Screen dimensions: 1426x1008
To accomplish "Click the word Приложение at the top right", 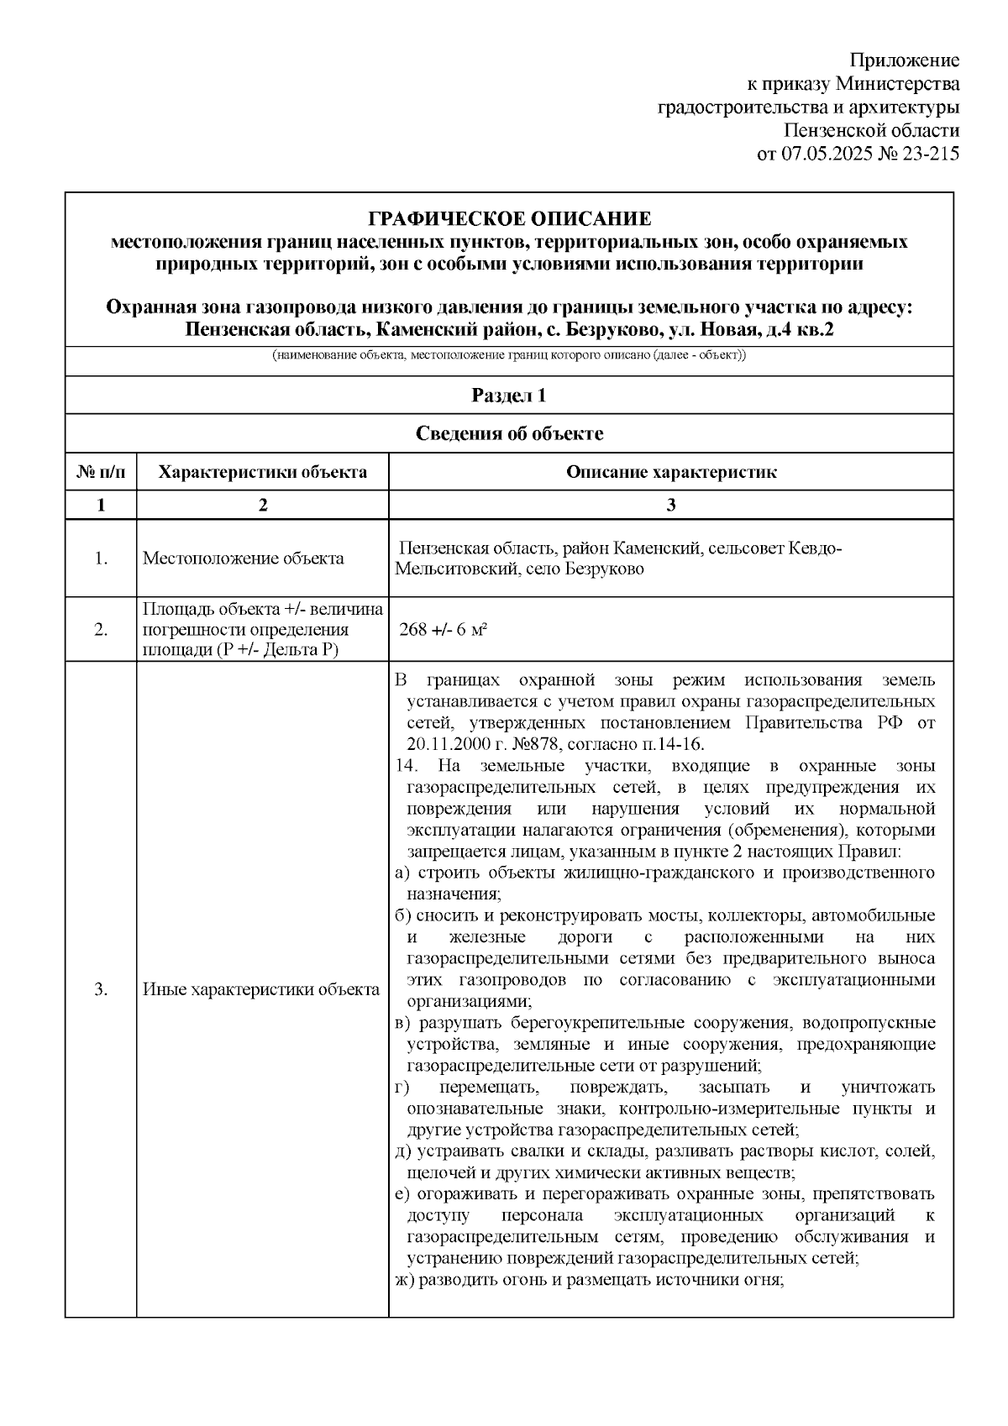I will coord(904,60).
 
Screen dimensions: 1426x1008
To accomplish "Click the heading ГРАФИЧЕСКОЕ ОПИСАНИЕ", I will coord(509,219).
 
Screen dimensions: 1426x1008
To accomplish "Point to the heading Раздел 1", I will coord(509,396).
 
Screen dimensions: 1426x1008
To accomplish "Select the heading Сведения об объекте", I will coord(509,433).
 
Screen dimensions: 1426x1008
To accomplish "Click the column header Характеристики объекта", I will coord(262,472).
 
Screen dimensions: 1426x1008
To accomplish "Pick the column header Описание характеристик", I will coord(670,472).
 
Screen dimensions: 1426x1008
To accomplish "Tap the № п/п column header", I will coord(101,472).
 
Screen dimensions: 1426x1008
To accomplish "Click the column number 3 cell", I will coord(670,505).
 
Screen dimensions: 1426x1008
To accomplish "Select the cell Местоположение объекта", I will coord(243,558).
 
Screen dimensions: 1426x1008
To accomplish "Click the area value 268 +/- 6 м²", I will coord(444,630).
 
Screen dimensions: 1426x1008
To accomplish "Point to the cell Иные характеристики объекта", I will coord(260,990).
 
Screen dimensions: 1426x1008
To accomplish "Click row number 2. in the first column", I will coord(101,630).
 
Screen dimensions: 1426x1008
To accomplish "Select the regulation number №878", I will coord(538,745).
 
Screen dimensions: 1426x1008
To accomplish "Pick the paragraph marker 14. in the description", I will coord(405,766).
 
